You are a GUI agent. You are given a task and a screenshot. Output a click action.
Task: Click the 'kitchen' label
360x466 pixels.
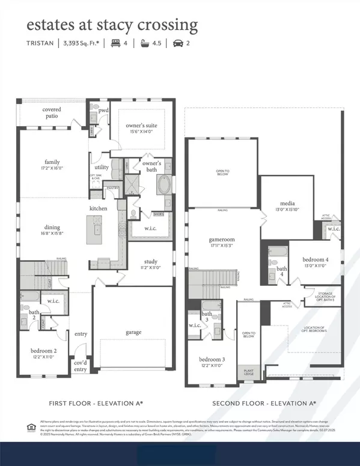pyautogui.click(x=99, y=208)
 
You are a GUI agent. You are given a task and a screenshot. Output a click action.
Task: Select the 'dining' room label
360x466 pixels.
pyautogui.click(x=52, y=227)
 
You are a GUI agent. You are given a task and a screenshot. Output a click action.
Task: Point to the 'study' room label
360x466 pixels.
pyautogui.click(x=150, y=262)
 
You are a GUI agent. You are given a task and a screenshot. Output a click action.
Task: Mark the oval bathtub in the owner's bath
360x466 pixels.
pyautogui.click(x=163, y=186)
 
